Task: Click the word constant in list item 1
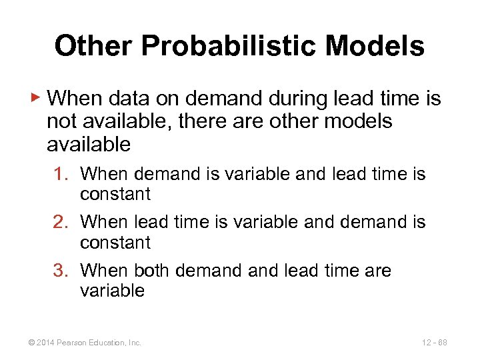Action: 115,194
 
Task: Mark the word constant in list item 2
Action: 115,243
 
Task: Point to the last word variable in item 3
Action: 112,291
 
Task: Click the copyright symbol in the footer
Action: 25,343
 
